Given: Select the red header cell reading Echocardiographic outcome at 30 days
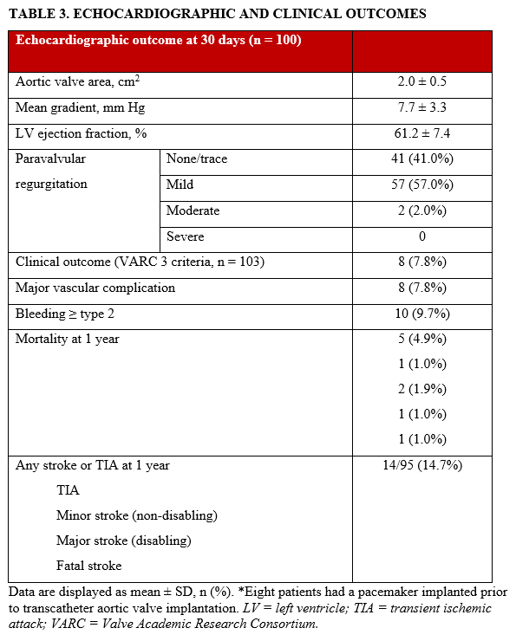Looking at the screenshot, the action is tap(159, 41).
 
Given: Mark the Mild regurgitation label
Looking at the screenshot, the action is tap(180, 185).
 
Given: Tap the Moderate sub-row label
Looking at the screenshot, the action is tap(193, 210).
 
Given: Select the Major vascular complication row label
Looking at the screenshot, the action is tap(95, 288).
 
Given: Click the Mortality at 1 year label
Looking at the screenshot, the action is tap(68, 339).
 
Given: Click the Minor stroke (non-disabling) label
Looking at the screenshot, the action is tap(136, 515).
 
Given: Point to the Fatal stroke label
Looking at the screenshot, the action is tap(88, 566).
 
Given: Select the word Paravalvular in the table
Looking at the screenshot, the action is tap(51, 159).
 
